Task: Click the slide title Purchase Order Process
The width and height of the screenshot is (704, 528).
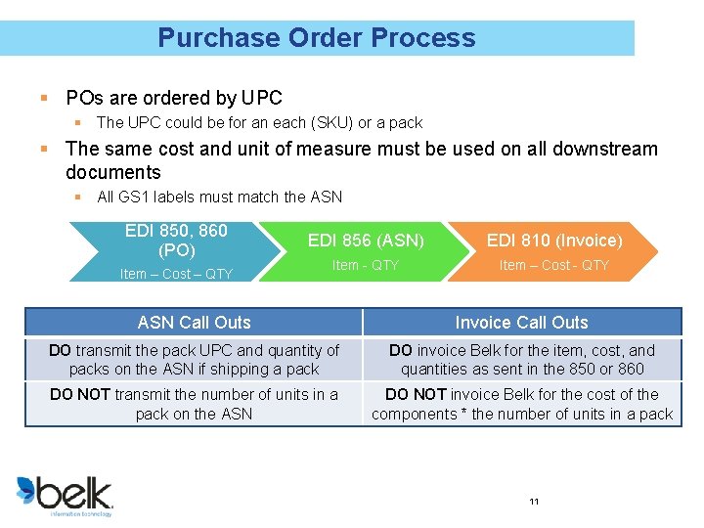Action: (x=316, y=38)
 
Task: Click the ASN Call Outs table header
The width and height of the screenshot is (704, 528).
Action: (x=194, y=323)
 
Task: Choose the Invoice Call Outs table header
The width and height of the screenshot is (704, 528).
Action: (x=521, y=323)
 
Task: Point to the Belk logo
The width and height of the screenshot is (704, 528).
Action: (x=65, y=494)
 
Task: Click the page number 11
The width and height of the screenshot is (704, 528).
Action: (x=534, y=502)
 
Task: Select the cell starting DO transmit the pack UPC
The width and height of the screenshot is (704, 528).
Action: (x=194, y=360)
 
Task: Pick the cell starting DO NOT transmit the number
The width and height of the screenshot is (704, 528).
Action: (x=194, y=404)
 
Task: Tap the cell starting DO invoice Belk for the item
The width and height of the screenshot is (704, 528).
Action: (x=521, y=360)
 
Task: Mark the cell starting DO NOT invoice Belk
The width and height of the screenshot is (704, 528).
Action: (x=521, y=404)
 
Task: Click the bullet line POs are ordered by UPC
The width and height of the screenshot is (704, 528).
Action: (x=173, y=98)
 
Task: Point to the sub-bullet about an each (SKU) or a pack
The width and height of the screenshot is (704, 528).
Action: (x=259, y=123)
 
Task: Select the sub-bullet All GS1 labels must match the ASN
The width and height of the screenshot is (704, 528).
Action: (x=219, y=197)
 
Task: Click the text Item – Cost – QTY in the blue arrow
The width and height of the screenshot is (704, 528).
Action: (x=176, y=274)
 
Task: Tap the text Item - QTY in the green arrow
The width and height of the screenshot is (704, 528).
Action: (x=365, y=266)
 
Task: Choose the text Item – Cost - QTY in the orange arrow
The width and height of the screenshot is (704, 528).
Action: (x=553, y=266)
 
